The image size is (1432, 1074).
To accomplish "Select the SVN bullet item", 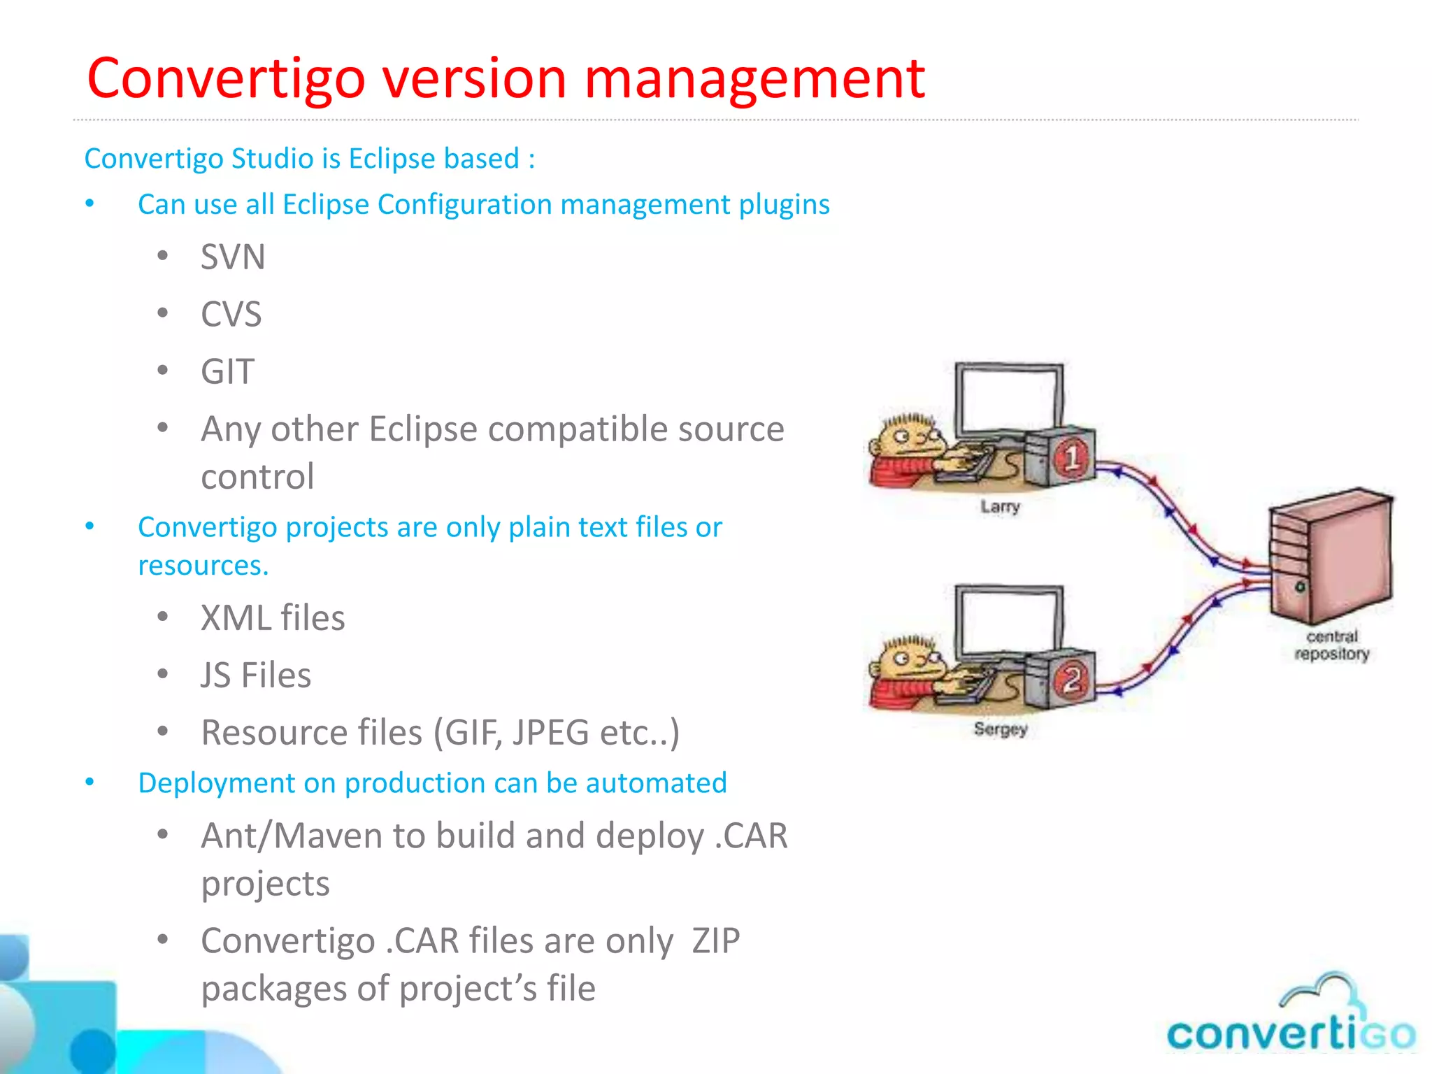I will click(233, 257).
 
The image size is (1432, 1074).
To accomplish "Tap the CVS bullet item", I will click(231, 314).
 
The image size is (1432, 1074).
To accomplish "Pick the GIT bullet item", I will click(227, 371).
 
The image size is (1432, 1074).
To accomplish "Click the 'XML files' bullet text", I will click(273, 618).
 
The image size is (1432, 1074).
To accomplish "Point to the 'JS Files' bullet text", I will click(256, 675).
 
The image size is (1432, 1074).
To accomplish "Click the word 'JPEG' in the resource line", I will click(550, 733).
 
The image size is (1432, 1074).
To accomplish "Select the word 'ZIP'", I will click(715, 941).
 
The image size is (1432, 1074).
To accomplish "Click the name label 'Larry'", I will click(1000, 506).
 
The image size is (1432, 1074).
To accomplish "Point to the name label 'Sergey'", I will click(1001, 729).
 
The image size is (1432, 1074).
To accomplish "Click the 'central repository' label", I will click(1331, 645).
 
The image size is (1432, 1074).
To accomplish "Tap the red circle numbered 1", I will click(1071, 458).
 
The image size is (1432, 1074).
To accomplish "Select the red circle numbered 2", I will click(1071, 680).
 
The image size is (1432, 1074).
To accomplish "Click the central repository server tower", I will click(1329, 556).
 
